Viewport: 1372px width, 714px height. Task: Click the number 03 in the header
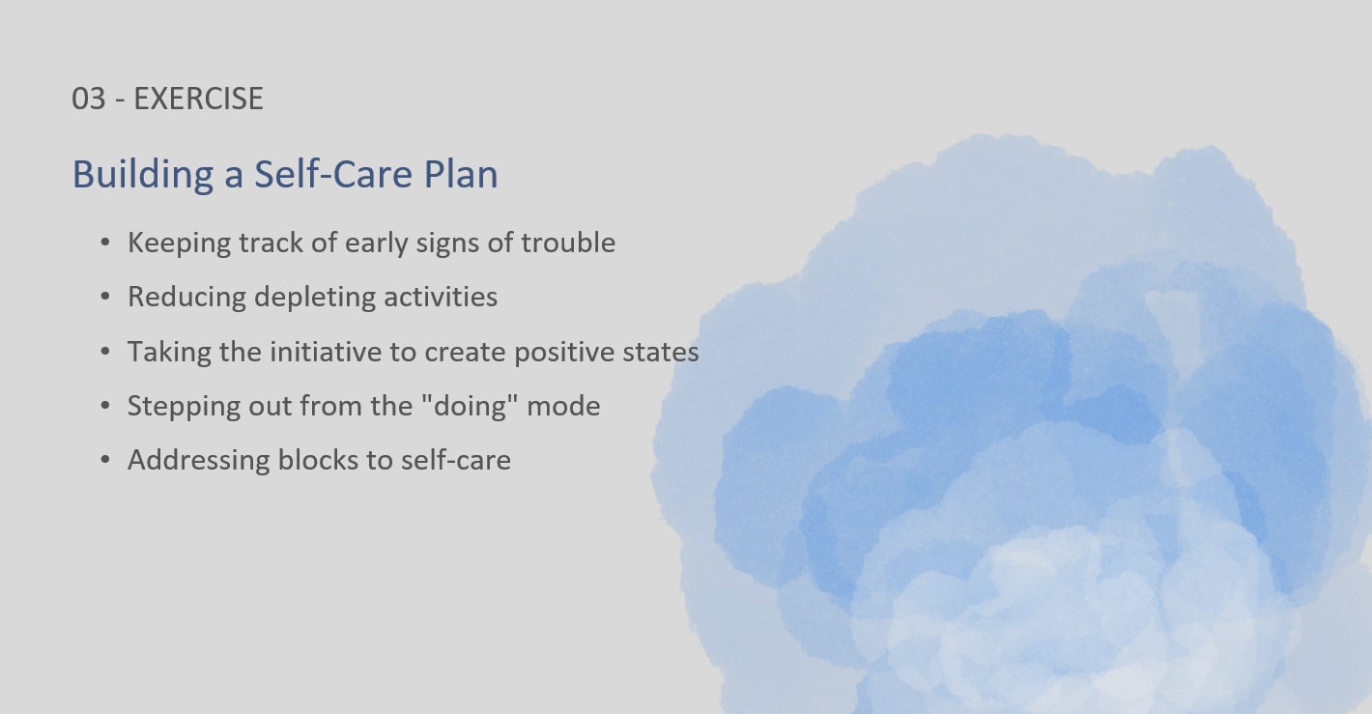[x=89, y=99]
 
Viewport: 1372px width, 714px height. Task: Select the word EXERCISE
[x=198, y=99]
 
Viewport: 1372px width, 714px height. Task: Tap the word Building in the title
[x=143, y=175]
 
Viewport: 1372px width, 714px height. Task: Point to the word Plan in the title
[x=461, y=175]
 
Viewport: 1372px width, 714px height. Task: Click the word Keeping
[x=180, y=243]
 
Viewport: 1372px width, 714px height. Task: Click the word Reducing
[x=186, y=298]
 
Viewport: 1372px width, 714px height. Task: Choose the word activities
[x=441, y=297]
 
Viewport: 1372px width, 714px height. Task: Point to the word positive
[x=564, y=353]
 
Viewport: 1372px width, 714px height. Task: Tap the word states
[x=661, y=353]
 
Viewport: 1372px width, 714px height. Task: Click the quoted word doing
[x=471, y=407]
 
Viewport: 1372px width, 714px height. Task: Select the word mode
[x=563, y=407]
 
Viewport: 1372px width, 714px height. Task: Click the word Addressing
[x=198, y=461]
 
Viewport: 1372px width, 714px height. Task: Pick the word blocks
[x=318, y=461]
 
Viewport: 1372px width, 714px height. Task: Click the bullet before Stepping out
[x=105, y=406]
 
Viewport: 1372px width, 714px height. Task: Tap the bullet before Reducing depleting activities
[x=105, y=297]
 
